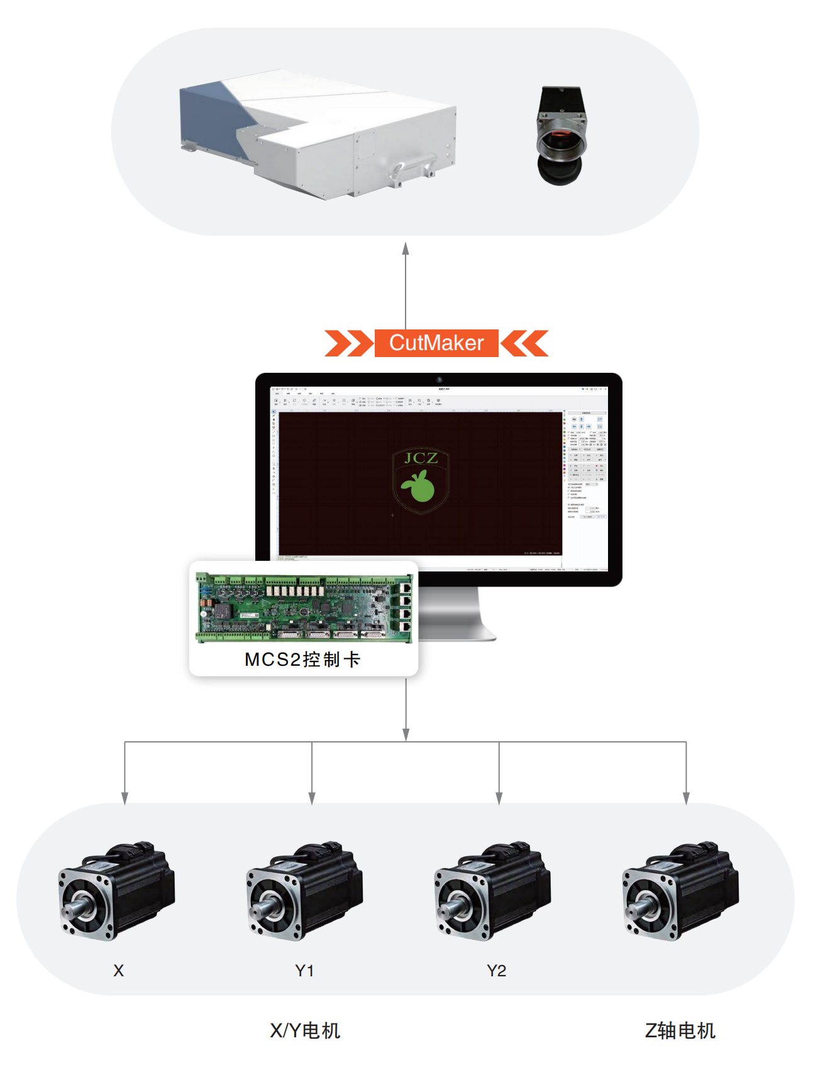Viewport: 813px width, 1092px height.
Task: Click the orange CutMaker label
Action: pos(436,343)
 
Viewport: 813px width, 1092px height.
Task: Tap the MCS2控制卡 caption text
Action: pos(302,659)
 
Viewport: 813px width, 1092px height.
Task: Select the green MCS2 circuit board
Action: pos(304,607)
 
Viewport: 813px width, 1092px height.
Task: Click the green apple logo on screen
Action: pos(419,486)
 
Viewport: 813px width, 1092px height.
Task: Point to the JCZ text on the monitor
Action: pos(421,458)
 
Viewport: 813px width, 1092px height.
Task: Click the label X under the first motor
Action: pos(118,971)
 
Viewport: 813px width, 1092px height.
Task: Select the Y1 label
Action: pos(304,971)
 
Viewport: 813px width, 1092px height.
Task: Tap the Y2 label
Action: pos(496,971)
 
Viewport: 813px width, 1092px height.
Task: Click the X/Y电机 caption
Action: pos(305,1030)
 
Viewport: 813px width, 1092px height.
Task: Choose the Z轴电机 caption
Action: pos(680,1030)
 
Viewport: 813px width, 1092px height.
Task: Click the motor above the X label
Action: pos(116,891)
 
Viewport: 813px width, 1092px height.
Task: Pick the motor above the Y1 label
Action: pos(304,891)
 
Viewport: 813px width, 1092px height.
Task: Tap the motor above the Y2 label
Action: pos(492,891)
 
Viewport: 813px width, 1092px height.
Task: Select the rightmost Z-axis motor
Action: pos(680,891)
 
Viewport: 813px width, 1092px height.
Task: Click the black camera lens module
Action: pos(561,136)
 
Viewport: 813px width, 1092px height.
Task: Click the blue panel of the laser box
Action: pos(211,119)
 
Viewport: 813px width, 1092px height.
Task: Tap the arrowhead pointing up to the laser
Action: pos(406,248)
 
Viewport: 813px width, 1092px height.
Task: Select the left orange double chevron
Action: pos(348,343)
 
